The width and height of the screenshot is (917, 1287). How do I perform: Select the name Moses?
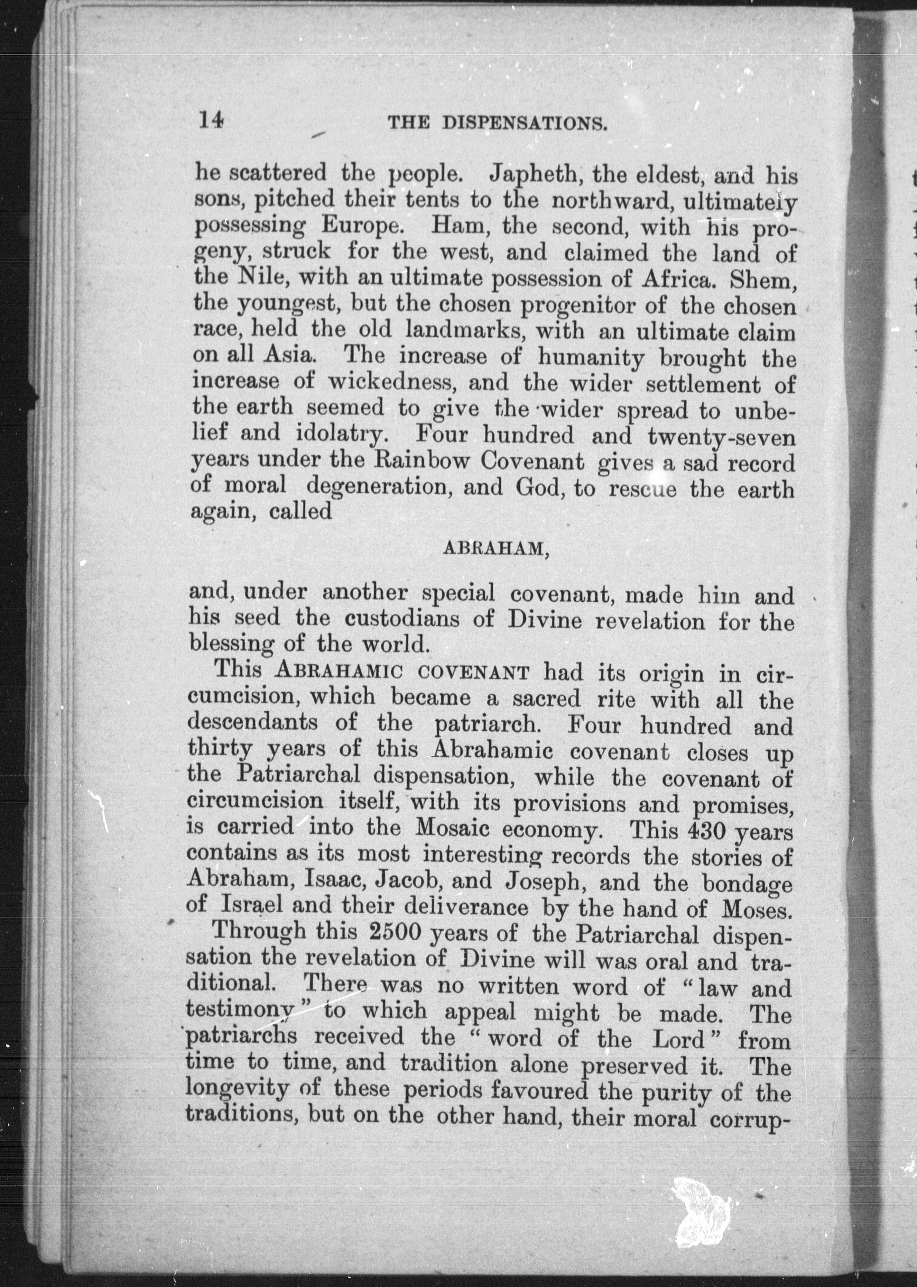click(x=757, y=909)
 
